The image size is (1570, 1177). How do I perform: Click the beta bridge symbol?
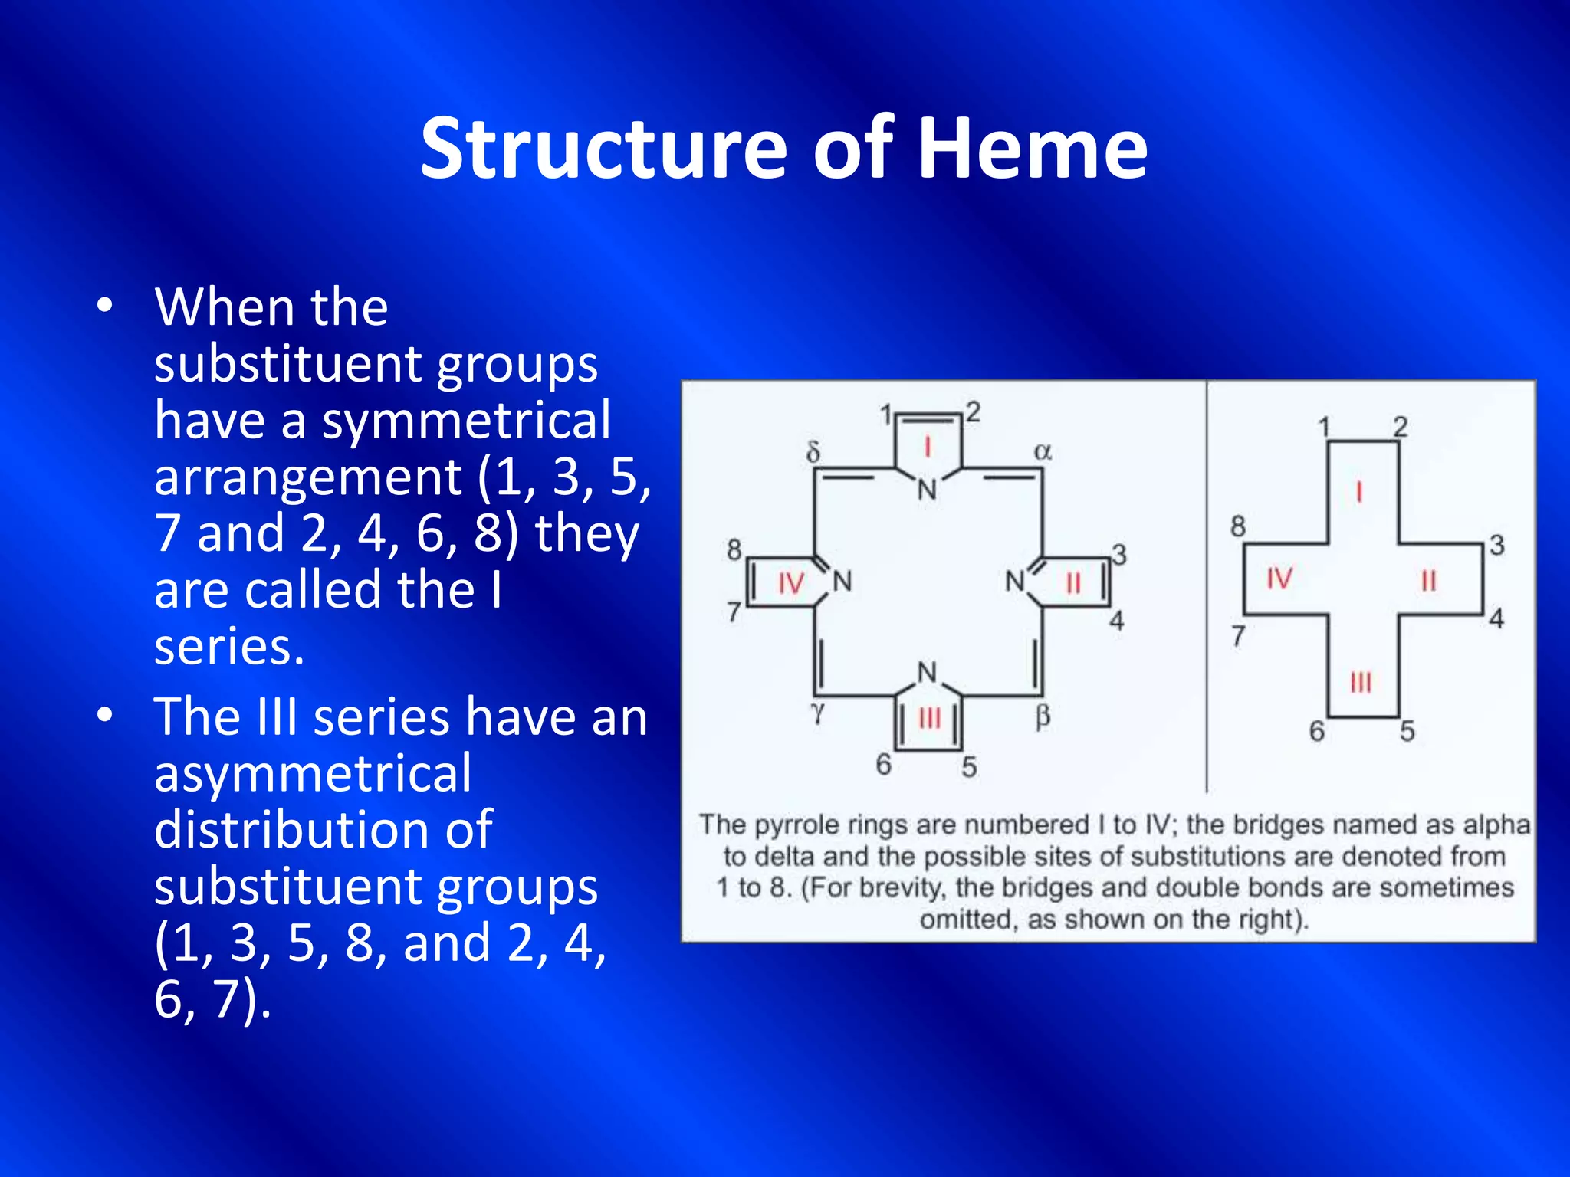pyautogui.click(x=1043, y=716)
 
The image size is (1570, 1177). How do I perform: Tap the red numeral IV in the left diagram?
pyautogui.click(x=790, y=584)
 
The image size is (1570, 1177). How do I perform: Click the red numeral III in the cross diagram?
pyautogui.click(x=1361, y=681)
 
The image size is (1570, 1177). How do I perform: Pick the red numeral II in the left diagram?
pyautogui.click(x=1073, y=584)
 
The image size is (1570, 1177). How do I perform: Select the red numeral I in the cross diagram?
pyautogui.click(x=1358, y=490)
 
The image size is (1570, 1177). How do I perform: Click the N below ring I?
pyautogui.click(x=928, y=489)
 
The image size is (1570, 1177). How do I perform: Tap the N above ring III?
pyautogui.click(x=928, y=673)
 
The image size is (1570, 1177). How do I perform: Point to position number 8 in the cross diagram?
pyautogui.click(x=1238, y=526)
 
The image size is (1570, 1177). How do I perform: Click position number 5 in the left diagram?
pyautogui.click(x=969, y=766)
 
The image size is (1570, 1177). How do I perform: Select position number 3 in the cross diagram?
pyautogui.click(x=1496, y=545)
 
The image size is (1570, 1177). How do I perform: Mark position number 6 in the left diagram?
pyautogui.click(x=883, y=764)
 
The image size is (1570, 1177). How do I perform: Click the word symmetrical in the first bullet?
pyautogui.click(x=466, y=420)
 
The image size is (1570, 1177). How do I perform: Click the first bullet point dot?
pyautogui.click(x=105, y=306)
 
